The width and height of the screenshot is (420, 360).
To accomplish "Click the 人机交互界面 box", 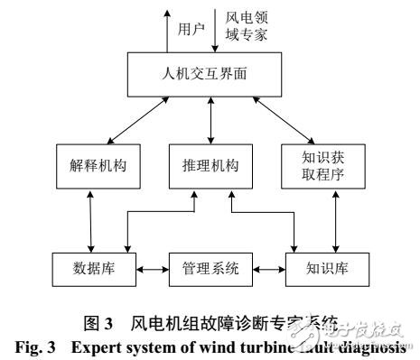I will (x=210, y=75).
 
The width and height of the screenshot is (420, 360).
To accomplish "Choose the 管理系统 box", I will (x=210, y=268).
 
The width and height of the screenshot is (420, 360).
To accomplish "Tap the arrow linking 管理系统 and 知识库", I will (x=269, y=268).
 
